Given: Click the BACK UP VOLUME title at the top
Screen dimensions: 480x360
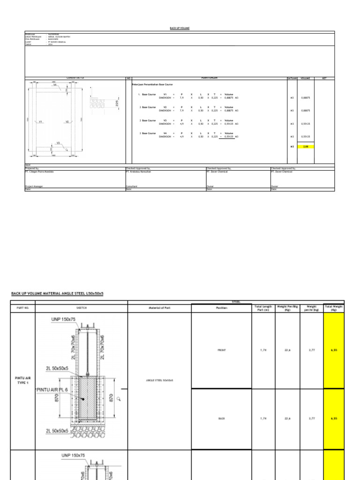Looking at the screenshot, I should (x=180, y=28).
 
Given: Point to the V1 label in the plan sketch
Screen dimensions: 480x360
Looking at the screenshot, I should (x=41, y=121).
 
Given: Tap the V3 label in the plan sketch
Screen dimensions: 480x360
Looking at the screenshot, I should (x=58, y=143).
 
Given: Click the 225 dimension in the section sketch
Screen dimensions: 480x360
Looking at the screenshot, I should (x=118, y=103).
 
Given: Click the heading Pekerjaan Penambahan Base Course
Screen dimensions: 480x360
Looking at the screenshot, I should (x=155, y=84).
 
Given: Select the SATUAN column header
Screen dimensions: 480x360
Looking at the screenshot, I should (x=292, y=78).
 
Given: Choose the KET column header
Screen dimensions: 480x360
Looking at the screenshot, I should (x=324, y=78).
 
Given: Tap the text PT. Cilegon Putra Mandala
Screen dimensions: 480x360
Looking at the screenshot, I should (x=39, y=172).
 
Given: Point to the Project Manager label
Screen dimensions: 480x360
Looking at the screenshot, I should (x=34, y=186).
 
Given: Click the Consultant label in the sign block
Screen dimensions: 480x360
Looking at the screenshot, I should (x=132, y=186).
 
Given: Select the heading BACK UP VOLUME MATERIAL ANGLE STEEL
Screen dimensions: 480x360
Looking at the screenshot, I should (x=57, y=293).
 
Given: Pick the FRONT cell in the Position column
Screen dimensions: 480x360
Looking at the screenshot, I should (x=222, y=350).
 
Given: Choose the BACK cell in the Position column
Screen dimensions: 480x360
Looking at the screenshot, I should (x=222, y=418).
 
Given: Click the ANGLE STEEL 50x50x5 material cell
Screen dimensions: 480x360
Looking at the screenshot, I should (x=159, y=380).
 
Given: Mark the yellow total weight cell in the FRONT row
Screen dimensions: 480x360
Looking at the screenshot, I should (x=334, y=350).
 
